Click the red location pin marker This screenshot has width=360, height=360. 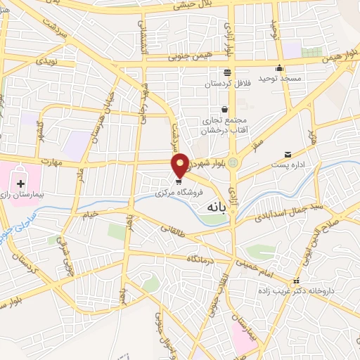click(181, 165)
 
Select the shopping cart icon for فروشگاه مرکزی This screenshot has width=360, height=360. click(179, 181)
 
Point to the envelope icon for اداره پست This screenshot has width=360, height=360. click(287, 155)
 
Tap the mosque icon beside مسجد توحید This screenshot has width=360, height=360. click(279, 68)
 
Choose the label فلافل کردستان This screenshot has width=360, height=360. click(227, 84)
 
